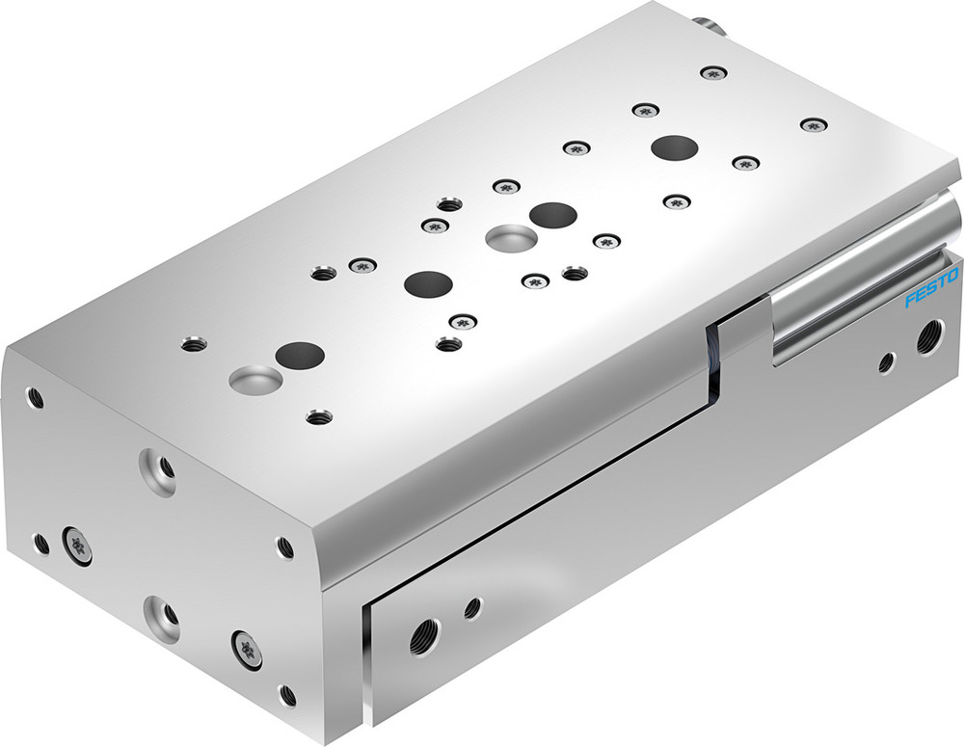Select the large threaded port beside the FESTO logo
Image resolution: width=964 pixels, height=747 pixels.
tap(929, 336)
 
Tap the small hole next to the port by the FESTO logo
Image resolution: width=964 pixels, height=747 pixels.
tap(886, 362)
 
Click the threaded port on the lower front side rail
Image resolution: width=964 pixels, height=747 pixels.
tap(421, 637)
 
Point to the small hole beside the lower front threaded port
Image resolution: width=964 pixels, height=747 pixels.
tap(472, 608)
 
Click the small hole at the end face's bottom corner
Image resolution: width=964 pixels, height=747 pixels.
tap(287, 694)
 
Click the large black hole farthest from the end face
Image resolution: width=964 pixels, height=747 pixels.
tap(674, 147)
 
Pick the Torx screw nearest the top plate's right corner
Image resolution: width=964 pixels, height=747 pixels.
tap(815, 124)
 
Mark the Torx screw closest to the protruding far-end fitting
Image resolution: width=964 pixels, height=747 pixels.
tap(712, 72)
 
